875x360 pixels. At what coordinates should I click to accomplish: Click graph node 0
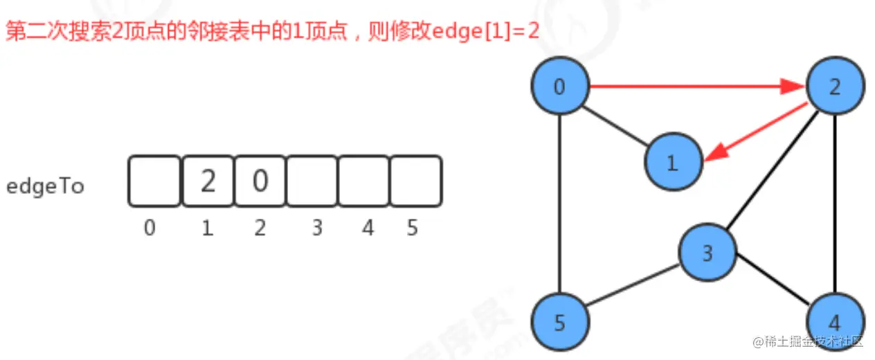pos(560,87)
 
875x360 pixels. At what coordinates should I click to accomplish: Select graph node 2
pos(835,87)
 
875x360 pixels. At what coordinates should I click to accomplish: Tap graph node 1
pos(672,163)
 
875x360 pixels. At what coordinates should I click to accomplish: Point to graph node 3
pos(707,253)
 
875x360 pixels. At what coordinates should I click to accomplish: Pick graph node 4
pos(835,323)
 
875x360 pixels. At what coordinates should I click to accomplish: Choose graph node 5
pos(560,323)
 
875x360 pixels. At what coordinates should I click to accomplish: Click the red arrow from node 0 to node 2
pos(692,87)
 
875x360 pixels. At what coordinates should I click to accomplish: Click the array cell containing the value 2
pos(208,181)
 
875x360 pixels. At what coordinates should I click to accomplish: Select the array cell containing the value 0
pos(260,181)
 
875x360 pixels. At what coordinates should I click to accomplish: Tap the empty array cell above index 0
pos(154,181)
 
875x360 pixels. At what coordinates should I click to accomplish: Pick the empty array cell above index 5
pos(415,181)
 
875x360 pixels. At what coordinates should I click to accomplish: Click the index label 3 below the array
pos(317,228)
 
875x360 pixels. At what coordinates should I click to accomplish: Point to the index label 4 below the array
pos(368,228)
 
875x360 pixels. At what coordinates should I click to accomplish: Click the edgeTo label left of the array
pos(45,186)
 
